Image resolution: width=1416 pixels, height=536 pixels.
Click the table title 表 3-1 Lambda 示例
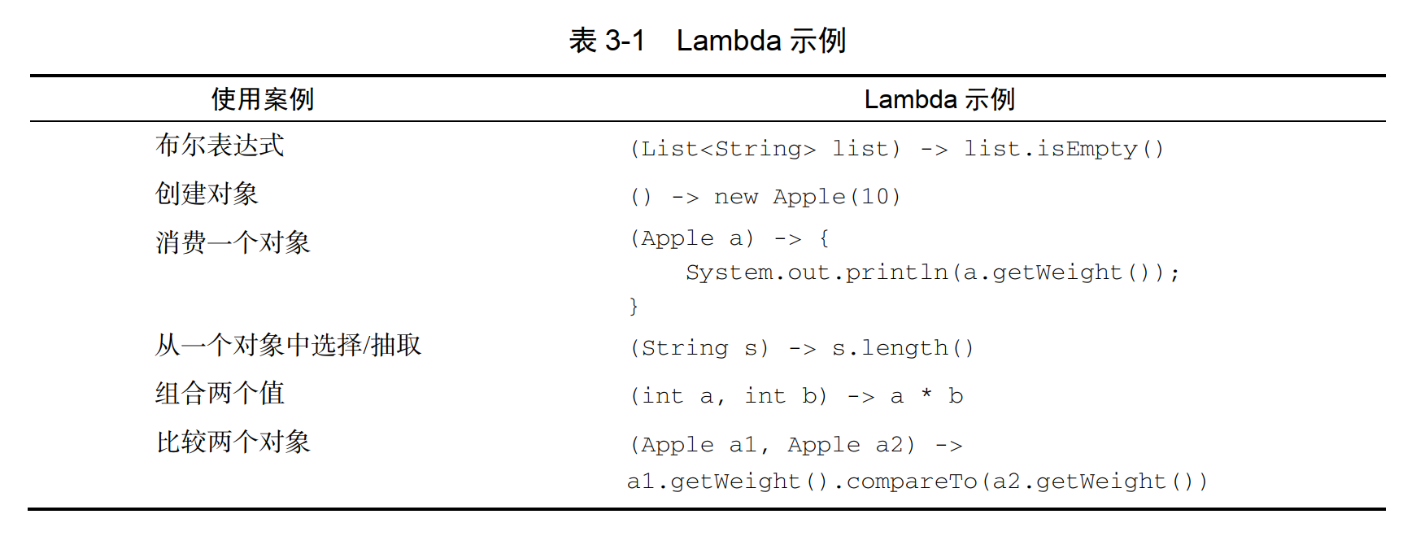click(708, 40)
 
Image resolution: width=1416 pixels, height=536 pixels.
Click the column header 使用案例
click(262, 99)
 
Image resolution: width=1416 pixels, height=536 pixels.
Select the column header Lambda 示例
click(939, 99)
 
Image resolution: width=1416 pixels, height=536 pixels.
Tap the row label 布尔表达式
click(220, 146)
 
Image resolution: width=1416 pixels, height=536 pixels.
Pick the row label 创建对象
click(207, 194)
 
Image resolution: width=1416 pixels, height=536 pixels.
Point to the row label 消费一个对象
click(233, 242)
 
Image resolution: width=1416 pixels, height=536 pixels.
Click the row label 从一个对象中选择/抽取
click(288, 345)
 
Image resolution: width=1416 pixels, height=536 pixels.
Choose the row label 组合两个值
click(220, 394)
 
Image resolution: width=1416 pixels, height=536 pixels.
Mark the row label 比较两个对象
click(233, 442)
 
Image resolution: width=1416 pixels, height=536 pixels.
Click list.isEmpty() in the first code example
click(1064, 149)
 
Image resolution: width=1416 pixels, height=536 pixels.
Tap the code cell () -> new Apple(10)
click(765, 197)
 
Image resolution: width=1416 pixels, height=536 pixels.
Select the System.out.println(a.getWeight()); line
click(932, 272)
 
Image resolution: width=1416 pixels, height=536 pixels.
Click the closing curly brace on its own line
click(634, 306)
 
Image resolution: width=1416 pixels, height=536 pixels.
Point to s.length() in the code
click(903, 348)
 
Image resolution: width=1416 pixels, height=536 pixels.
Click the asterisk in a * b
click(926, 395)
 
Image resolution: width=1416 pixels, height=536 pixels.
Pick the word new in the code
click(735, 197)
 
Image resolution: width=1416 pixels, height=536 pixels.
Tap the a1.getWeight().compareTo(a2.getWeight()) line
click(917, 482)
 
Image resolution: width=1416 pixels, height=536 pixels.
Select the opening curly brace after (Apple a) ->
click(824, 238)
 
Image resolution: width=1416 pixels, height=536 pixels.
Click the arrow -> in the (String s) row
click(802, 349)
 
